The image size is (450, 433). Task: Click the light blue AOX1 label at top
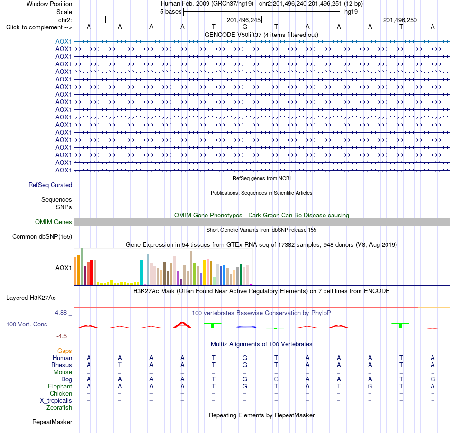pos(63,41)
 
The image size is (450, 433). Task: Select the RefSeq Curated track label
pos(50,185)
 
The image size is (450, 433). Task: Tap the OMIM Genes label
pos(54,222)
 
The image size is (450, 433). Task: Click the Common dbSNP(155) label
pos(42,237)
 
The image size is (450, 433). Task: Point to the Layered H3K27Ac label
pos(31,298)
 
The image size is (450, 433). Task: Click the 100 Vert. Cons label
pos(27,324)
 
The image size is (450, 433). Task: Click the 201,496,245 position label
pos(243,20)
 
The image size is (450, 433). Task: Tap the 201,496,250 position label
pos(400,20)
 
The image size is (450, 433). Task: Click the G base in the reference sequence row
pos(245,27)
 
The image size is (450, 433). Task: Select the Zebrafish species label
pos(59,408)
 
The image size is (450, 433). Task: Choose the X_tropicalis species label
pos(56,401)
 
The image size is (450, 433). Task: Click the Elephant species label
pos(60,387)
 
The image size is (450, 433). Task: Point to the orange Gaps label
pos(64,351)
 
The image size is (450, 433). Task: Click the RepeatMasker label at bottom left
pos(52,422)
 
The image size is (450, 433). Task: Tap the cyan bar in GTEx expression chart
pos(142,272)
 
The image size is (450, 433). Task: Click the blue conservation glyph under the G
pos(246,327)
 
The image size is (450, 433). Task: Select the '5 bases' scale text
pos(171,12)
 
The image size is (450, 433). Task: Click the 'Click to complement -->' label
pos(39,27)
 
